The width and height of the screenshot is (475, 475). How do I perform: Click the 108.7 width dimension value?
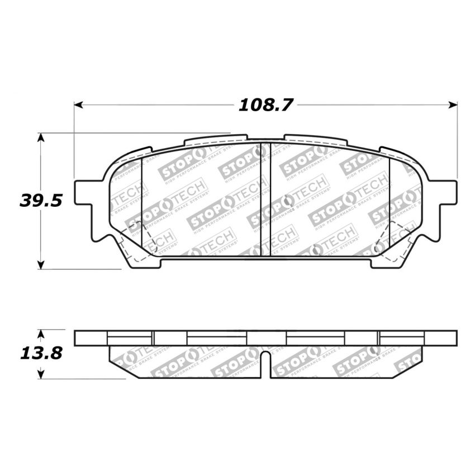[x=266, y=104]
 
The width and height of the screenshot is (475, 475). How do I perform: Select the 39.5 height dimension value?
[x=40, y=201]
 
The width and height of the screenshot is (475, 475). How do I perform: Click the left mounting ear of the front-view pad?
[x=84, y=192]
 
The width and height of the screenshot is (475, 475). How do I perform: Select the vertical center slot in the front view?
[x=266, y=200]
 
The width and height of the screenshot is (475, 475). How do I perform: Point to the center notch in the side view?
[x=266, y=364]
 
